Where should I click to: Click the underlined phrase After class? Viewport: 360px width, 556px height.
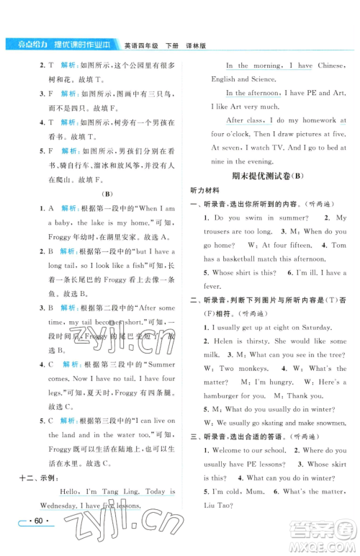245,120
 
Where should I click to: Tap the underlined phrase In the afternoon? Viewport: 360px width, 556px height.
252,94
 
